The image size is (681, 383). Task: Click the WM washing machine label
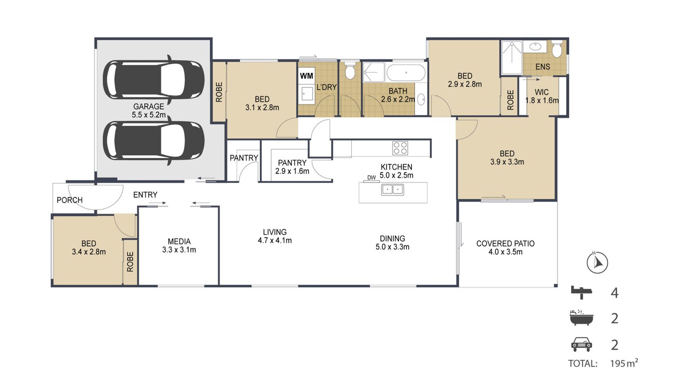[x=306, y=76]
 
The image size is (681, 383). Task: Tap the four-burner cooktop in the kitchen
[x=400, y=148]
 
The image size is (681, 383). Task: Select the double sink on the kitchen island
[x=392, y=190]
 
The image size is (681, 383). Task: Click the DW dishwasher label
[x=372, y=177]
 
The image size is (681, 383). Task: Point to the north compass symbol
[x=597, y=262]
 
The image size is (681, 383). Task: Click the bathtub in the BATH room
[x=406, y=72]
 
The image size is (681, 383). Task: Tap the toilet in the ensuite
[x=557, y=49]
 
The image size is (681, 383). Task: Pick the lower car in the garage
[x=154, y=140]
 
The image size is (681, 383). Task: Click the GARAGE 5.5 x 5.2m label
[x=149, y=111]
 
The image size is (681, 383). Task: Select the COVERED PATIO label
[x=505, y=243]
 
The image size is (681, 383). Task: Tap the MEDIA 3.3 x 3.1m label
[x=179, y=246]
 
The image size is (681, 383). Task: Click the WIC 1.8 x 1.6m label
[x=542, y=96]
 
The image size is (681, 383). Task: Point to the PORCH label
[x=70, y=200]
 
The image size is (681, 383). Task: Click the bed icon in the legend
[x=581, y=293]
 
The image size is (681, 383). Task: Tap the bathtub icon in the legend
[x=581, y=318]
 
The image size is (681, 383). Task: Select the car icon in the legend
[x=581, y=344]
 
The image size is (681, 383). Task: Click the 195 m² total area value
[x=624, y=363]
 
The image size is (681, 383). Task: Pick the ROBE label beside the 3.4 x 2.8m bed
[x=130, y=262]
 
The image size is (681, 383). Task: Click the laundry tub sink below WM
[x=307, y=93]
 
